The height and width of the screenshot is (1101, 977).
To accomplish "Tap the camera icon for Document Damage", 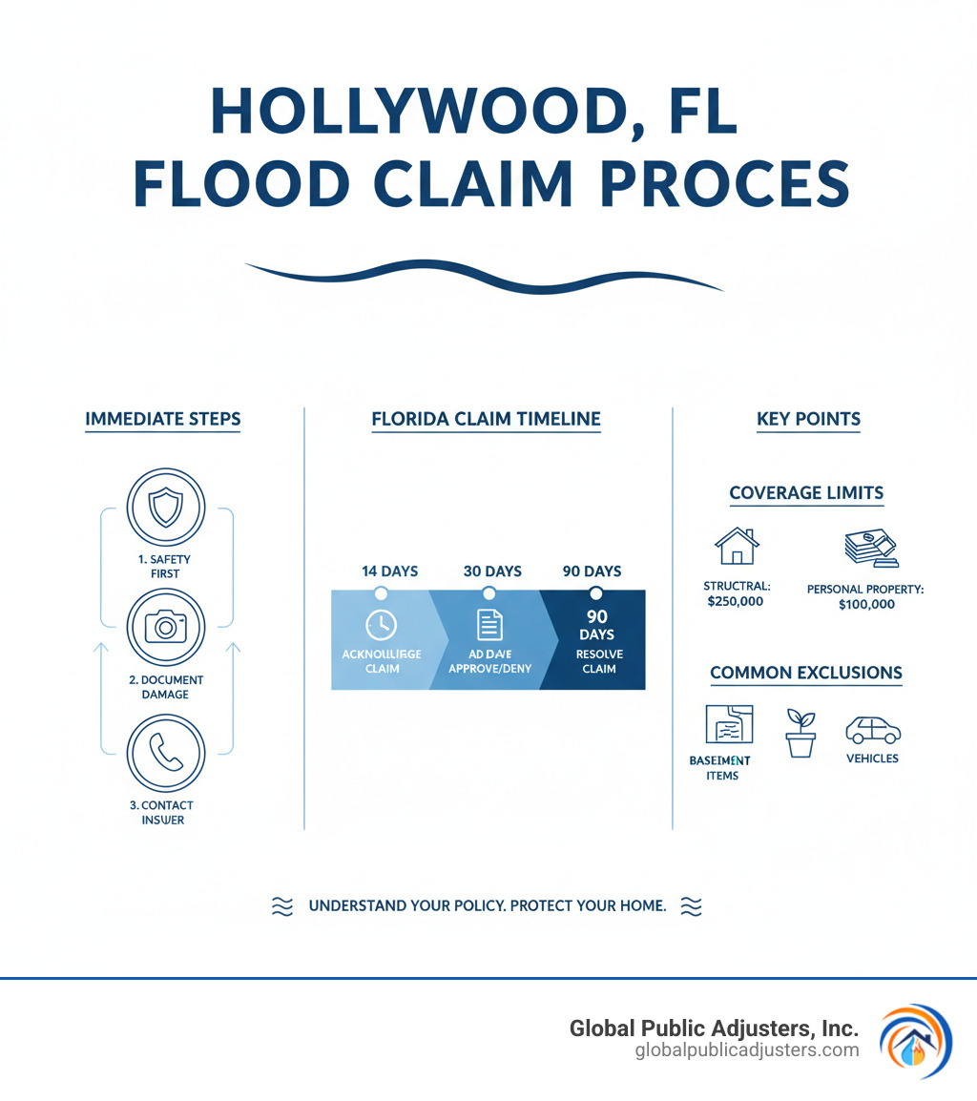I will [166, 627].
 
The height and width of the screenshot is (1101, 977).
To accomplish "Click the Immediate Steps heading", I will [163, 419].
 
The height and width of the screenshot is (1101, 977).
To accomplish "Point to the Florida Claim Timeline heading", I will [486, 419].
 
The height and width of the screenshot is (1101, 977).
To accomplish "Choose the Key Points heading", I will [808, 419].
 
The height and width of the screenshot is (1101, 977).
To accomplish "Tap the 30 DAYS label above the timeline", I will [492, 571].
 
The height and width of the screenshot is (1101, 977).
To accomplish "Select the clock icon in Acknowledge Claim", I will [381, 625].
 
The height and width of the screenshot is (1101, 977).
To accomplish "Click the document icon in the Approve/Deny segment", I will [489, 625].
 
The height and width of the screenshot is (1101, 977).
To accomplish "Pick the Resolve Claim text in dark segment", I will [596, 661].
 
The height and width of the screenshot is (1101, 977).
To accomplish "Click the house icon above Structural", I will [736, 548].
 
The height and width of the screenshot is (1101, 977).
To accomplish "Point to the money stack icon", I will [871, 550].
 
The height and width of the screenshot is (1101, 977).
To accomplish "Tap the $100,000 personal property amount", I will [866, 604].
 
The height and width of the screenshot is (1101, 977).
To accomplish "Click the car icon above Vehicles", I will [873, 731].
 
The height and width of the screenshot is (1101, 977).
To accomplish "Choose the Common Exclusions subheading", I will [806, 673].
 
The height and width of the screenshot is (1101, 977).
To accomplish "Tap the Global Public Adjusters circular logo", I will [915, 1041].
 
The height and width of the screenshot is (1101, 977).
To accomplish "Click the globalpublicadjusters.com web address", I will [747, 1050].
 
